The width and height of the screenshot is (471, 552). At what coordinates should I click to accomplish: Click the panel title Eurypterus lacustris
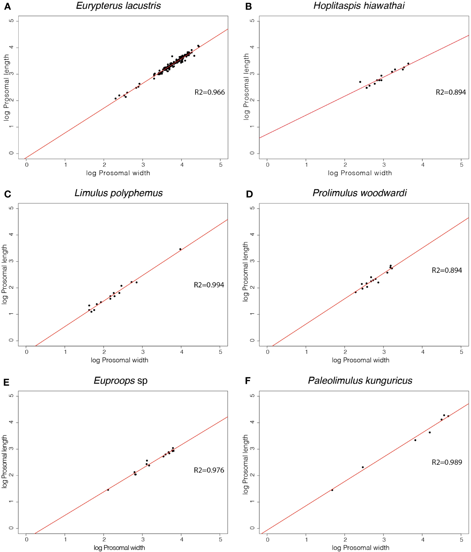coord(118,6)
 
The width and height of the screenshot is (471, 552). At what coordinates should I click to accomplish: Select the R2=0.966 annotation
coord(209,92)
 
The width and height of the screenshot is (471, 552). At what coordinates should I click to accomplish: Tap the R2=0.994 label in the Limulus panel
coord(209,285)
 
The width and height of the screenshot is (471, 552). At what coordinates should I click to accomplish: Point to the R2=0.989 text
coord(447,462)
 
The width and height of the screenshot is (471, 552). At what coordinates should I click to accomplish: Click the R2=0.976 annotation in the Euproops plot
coord(209,470)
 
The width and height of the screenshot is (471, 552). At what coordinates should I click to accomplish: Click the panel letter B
coord(248,7)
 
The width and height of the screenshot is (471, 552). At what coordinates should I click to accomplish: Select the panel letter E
coord(6,383)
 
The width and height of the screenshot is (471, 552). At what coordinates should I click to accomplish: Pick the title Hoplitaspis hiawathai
coord(359,6)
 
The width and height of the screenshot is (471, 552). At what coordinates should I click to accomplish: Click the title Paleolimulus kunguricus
coord(360,381)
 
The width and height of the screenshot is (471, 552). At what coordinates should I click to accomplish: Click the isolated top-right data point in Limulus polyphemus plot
coord(180,249)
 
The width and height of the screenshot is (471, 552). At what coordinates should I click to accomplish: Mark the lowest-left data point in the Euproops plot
coord(108,490)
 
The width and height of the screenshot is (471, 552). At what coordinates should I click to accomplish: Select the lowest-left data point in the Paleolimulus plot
coord(332,490)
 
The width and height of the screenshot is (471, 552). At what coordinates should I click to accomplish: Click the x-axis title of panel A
coord(118,173)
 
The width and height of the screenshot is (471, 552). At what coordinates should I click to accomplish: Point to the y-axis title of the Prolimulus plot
coord(246,271)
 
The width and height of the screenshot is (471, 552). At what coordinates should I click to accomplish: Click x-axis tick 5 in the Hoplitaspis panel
coord(461,165)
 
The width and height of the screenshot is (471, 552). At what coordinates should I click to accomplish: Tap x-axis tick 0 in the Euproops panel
coord(27,539)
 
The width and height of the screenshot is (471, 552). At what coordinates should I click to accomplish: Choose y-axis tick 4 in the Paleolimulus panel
coord(252,422)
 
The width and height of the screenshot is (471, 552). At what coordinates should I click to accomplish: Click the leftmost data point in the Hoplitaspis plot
coord(360,82)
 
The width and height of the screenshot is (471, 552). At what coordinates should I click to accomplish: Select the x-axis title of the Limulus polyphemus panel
coord(119,360)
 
